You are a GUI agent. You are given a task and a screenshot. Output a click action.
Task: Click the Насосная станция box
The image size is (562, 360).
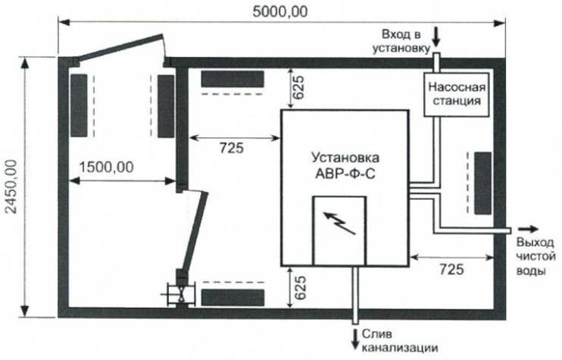click(453, 93)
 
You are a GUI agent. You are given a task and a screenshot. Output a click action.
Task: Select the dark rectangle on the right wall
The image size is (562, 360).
click(482, 182)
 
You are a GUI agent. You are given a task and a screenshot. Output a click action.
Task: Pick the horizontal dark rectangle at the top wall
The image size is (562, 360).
click(232, 79)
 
